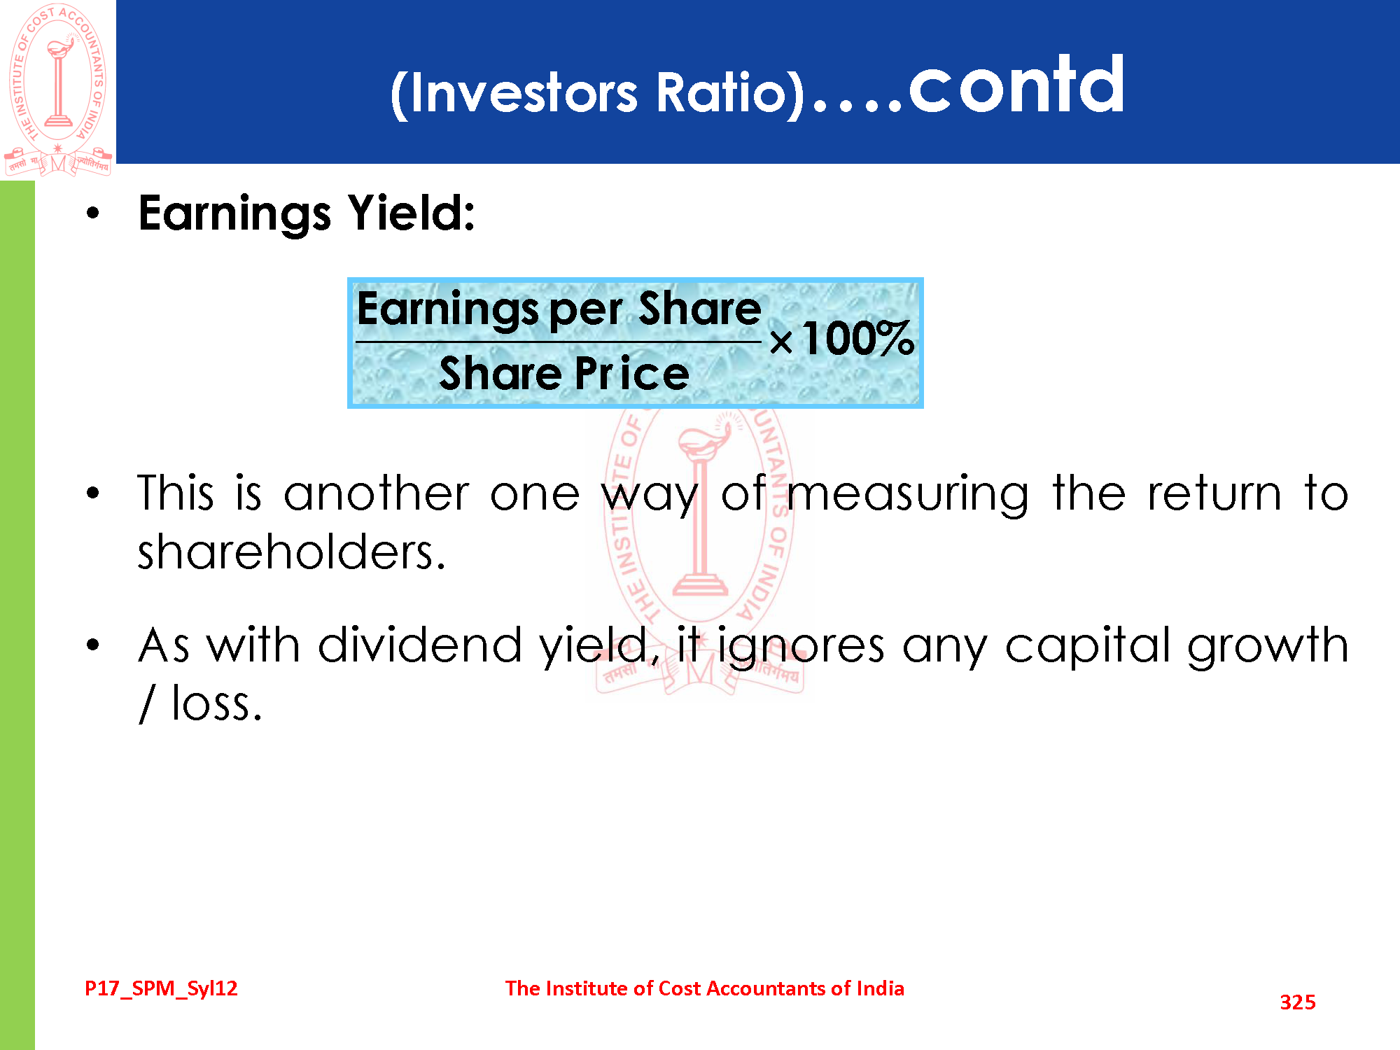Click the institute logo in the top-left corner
tap(57, 90)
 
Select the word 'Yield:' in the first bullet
tap(412, 213)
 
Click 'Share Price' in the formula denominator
tap(564, 372)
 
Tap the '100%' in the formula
tap(858, 339)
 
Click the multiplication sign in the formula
tap(781, 342)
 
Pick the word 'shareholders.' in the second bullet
tap(291, 552)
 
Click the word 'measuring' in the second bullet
tap(908, 494)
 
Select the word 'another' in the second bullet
tap(377, 493)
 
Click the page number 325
tap(1298, 1002)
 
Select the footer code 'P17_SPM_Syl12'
tap(161, 988)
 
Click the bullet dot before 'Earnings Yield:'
tap(93, 213)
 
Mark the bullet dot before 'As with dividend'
tap(93, 645)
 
